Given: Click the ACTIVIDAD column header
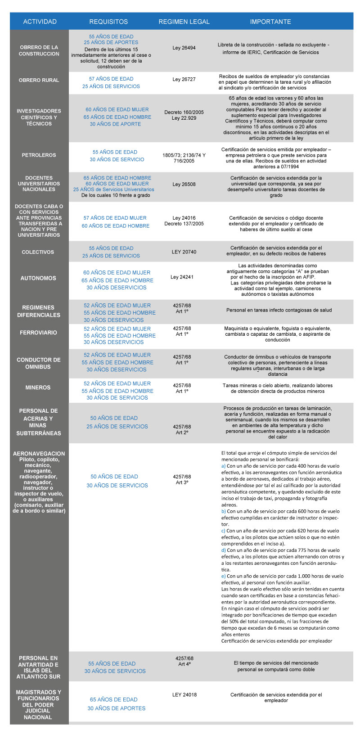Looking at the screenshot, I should click(40, 22).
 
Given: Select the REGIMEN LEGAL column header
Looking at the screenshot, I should click(184, 22).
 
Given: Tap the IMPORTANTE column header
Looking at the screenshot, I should click(270, 22).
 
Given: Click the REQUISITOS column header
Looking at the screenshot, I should click(108, 22).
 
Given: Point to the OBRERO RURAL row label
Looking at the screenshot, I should click(39, 80).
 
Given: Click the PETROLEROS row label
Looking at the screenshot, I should click(39, 155).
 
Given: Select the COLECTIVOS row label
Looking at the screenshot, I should click(38, 252).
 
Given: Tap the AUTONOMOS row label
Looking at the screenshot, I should click(38, 278).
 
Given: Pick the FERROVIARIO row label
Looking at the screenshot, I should click(38, 333).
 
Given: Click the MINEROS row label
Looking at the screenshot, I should click(38, 388).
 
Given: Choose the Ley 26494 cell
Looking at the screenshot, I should click(184, 48).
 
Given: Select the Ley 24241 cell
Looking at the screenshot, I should click(182, 277).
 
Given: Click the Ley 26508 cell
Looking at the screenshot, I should click(184, 184).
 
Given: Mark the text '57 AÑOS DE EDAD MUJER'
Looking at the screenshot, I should click(115, 218).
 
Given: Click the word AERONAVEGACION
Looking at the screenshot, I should click(39, 454).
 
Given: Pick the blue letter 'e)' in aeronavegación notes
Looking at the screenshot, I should click(224, 576).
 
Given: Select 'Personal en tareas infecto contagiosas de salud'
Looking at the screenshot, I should click(279, 310).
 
